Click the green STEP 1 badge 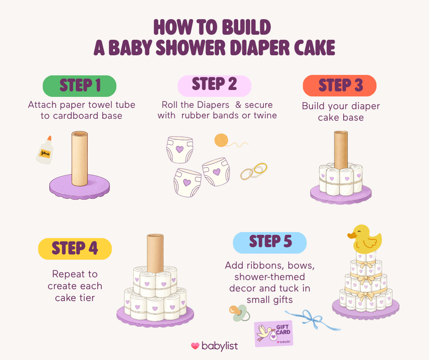point(79,85)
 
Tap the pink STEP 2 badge point(214,85)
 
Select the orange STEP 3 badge point(340,85)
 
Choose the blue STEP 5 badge point(270,242)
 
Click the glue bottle point(45,150)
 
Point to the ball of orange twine point(221,139)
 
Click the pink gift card point(274,333)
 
